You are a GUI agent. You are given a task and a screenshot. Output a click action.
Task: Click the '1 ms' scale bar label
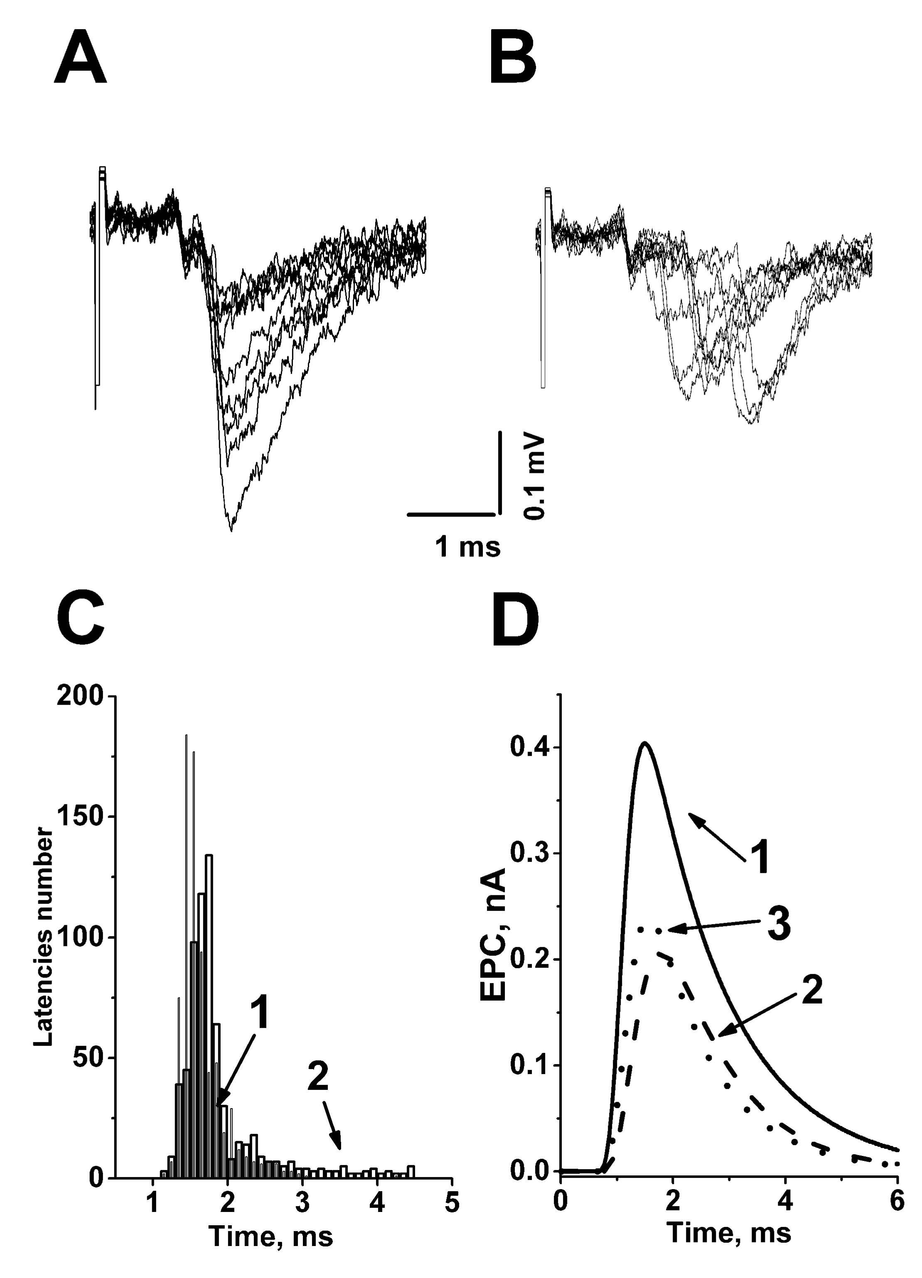(467, 546)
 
